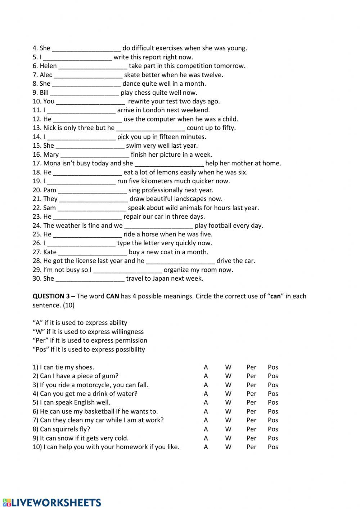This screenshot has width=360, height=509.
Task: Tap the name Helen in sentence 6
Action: point(48,66)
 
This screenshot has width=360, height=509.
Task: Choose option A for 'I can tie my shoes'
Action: point(206,367)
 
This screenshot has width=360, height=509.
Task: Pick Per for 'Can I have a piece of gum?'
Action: point(251,376)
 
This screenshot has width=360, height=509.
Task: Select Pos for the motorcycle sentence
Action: point(273,385)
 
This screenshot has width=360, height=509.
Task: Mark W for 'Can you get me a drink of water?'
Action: point(228,394)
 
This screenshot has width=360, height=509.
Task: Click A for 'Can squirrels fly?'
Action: point(206,429)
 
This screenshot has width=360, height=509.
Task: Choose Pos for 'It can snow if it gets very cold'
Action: point(273,438)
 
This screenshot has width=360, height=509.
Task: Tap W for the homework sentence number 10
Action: point(228,447)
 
